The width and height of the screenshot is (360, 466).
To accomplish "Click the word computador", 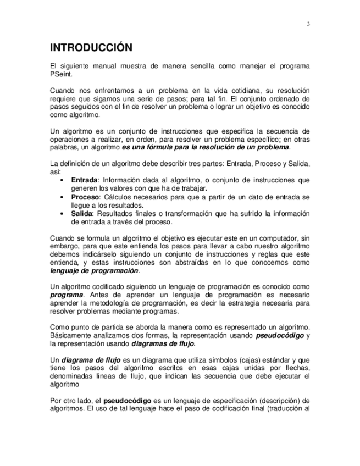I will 276,238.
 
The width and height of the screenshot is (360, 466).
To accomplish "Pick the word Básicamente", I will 69,335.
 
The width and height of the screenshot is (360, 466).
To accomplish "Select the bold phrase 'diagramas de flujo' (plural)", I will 163,344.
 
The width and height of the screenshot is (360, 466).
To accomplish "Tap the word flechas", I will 296,368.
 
